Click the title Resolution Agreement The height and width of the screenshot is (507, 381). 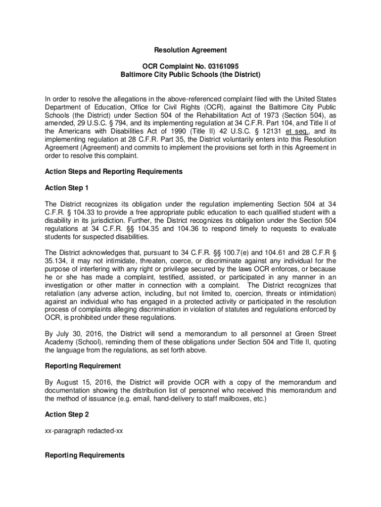tap(190, 50)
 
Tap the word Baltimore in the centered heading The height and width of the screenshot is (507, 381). tap(138, 74)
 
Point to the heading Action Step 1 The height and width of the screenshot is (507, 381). tap(66, 188)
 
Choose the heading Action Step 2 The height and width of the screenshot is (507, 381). tap(66, 414)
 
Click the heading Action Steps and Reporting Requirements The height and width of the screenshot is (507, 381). tap(113, 171)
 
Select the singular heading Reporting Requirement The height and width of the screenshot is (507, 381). tap(83, 366)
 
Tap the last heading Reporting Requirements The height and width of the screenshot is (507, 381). tap(85, 455)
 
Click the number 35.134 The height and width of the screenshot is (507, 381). tap(55, 260)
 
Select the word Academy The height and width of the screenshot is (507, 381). tap(59, 342)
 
